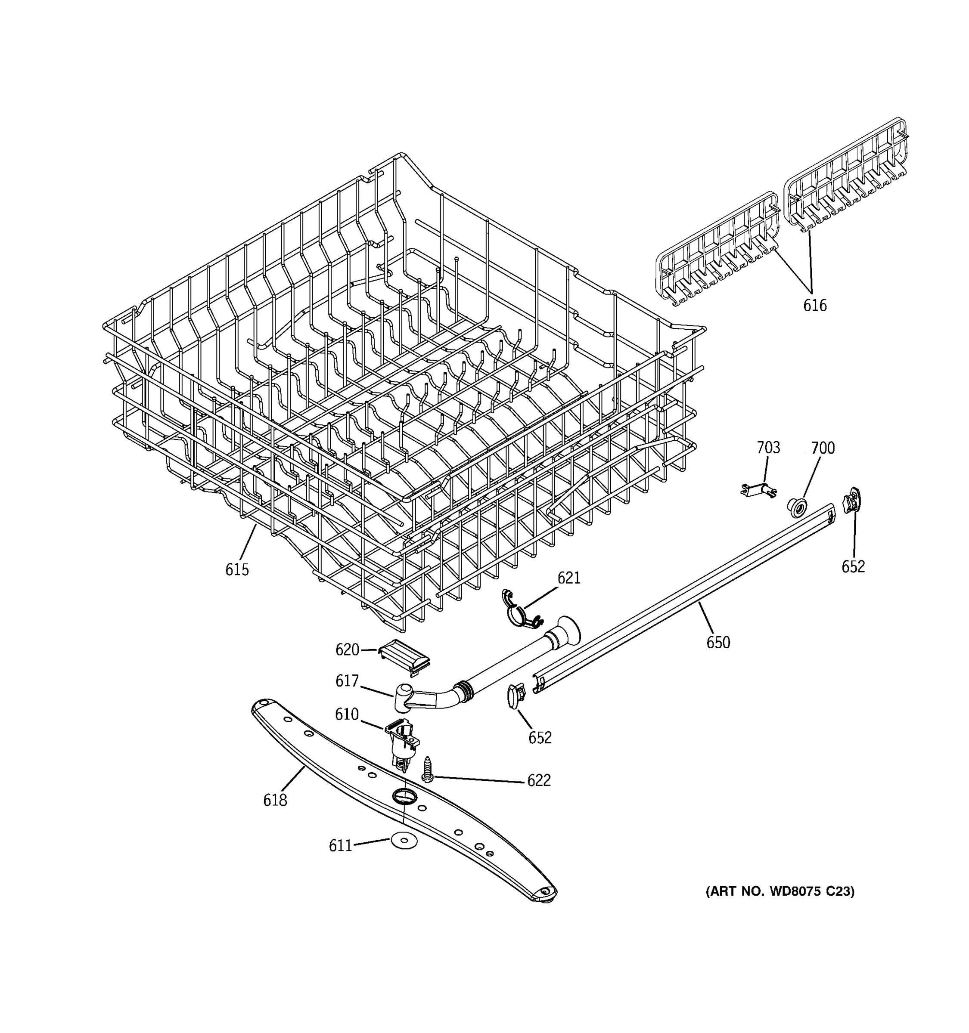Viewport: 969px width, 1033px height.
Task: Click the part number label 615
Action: pos(236,570)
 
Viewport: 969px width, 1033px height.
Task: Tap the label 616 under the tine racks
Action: pos(814,306)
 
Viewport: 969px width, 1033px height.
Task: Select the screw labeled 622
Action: pos(427,770)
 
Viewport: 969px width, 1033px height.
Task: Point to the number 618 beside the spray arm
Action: pos(274,801)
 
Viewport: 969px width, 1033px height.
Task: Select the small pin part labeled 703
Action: pos(758,489)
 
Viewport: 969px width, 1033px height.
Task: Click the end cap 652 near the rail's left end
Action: pos(516,695)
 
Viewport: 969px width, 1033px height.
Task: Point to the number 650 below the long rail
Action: pos(718,643)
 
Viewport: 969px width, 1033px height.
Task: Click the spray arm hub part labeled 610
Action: pos(402,740)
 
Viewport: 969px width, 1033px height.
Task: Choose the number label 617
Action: pos(347,680)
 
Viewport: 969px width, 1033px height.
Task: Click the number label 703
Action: pos(768,447)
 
